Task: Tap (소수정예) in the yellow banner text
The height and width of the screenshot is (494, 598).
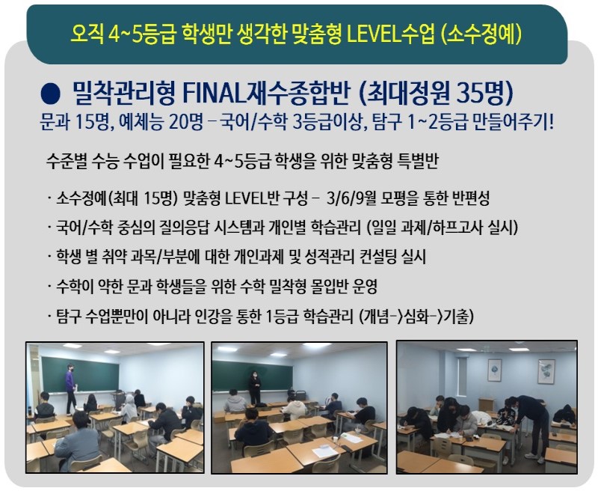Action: [x=481, y=34]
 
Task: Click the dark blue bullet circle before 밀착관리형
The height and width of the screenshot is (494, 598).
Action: [x=50, y=94]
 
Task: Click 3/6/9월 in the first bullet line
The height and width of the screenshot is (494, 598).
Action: [x=351, y=198]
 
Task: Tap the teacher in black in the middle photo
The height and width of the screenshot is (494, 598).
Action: [x=254, y=387]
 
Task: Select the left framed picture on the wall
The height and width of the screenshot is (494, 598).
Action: [x=496, y=370]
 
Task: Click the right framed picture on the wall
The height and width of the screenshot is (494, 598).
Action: [x=546, y=370]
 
